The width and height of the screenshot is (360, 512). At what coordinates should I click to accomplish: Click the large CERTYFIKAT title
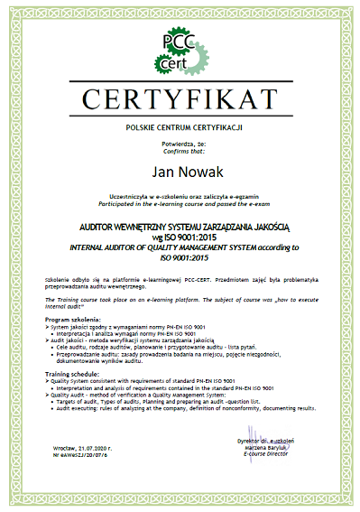coord(180,97)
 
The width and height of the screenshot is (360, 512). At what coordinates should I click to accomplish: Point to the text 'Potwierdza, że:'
coord(180,143)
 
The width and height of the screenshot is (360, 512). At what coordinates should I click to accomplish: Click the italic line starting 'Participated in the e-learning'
coord(180,203)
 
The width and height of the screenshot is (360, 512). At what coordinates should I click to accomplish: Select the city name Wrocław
coord(62,472)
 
